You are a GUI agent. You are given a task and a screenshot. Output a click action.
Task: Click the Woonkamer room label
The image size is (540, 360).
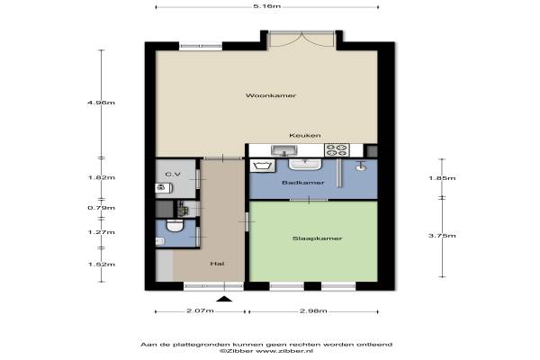(x=271, y=95)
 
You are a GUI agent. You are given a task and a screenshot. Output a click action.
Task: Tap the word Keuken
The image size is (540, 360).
(x=305, y=135)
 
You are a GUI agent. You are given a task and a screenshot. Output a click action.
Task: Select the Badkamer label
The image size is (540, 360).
(x=302, y=183)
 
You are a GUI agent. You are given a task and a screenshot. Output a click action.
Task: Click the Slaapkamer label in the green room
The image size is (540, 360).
(x=317, y=238)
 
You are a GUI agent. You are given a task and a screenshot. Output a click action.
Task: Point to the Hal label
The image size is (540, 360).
(x=217, y=264)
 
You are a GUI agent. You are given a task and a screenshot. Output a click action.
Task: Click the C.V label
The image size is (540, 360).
(x=173, y=175)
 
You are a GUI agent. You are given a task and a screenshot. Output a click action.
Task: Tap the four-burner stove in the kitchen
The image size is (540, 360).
(x=337, y=150)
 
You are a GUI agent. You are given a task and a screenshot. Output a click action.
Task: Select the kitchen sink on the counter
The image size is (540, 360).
(x=284, y=150)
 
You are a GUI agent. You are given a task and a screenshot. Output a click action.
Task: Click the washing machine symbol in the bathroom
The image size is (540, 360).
(x=263, y=166)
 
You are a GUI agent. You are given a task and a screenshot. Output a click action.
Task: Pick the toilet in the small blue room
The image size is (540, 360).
(x=175, y=226)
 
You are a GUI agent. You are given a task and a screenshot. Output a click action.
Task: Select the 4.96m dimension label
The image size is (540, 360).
(x=101, y=103)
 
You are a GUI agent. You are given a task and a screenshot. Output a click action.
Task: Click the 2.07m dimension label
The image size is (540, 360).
(x=200, y=310)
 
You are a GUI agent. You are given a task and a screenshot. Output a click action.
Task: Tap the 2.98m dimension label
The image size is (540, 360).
(x=313, y=310)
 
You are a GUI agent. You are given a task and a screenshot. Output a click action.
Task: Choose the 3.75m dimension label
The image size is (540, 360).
(x=442, y=236)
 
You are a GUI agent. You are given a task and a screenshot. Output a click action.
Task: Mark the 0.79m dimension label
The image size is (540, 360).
(x=101, y=208)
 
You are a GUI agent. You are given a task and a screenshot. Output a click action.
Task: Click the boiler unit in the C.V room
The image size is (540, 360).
(x=164, y=188)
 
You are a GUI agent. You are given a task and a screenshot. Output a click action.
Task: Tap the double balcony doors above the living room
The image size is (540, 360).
(x=301, y=39)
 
